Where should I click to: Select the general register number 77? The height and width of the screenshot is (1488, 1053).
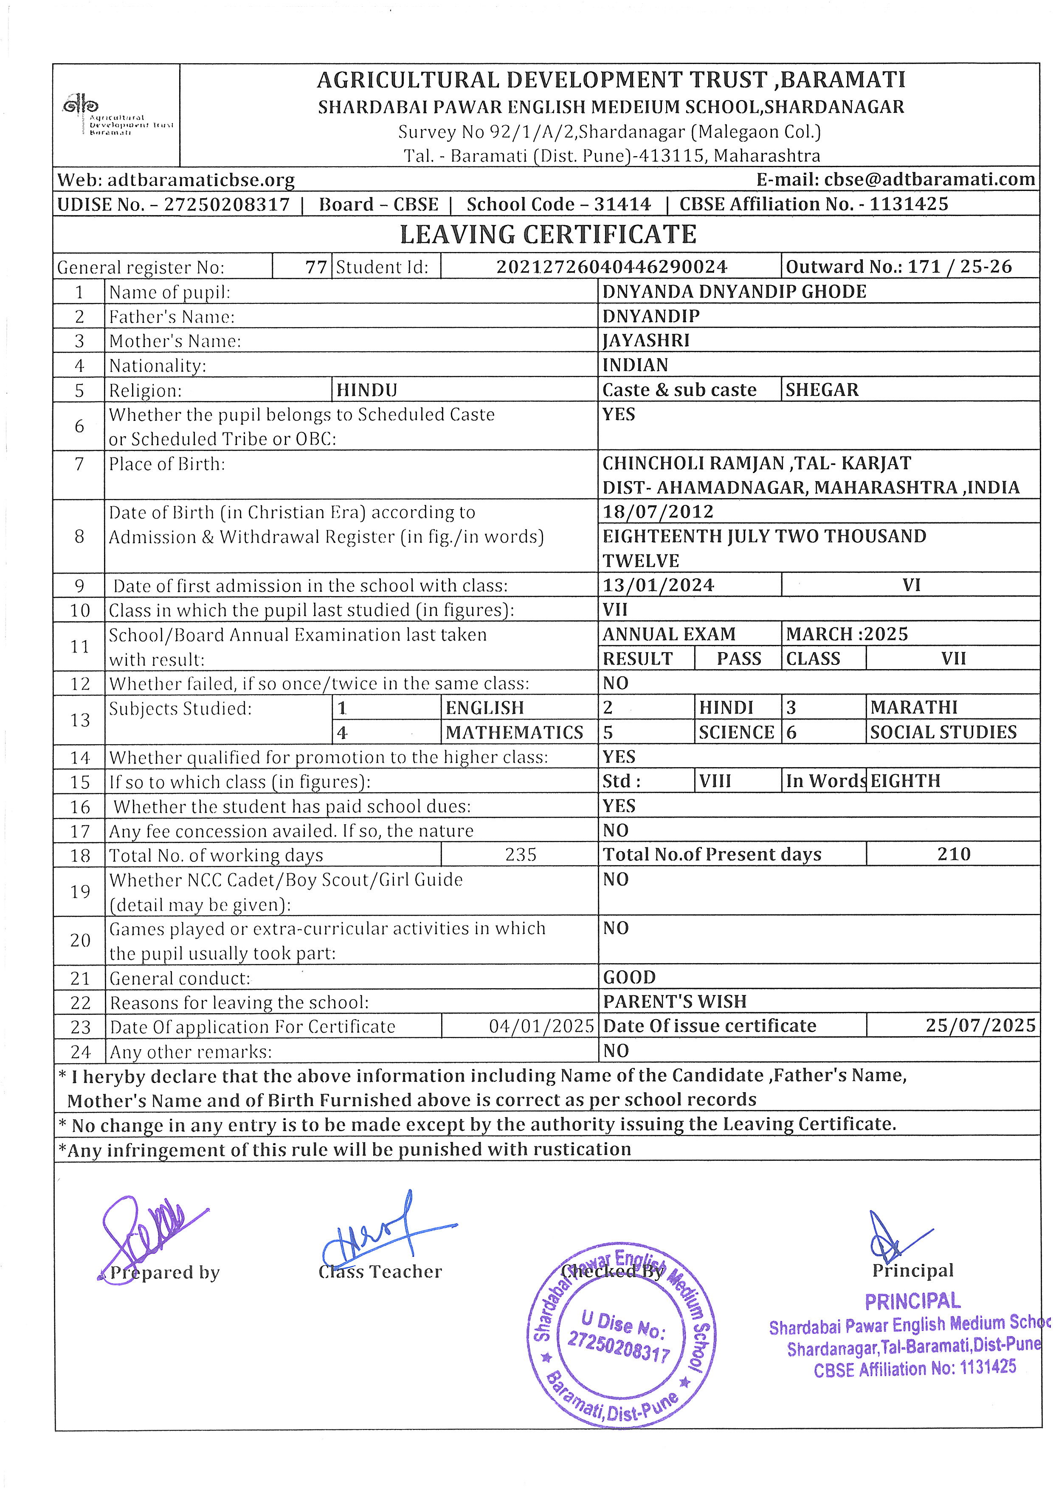pos(316,267)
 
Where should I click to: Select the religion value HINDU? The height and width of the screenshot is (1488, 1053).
pos(367,390)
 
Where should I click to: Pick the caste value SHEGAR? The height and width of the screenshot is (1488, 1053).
pos(822,390)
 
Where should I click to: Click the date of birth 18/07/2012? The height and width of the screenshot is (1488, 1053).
pos(658,512)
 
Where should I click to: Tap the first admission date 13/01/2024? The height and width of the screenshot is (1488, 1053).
pos(658,585)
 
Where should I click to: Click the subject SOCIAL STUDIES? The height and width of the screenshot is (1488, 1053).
pos(943,732)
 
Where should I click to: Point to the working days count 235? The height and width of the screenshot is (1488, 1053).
pos(521,855)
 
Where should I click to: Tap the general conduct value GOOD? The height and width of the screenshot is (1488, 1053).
pos(629,977)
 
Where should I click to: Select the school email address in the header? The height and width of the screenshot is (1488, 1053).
pos(895,179)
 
